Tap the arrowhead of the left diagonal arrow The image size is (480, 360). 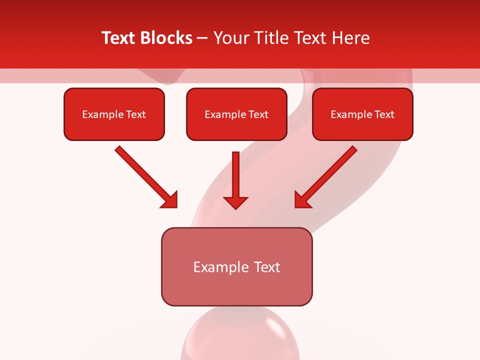[x=170, y=200]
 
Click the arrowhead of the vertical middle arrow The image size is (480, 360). [x=235, y=202]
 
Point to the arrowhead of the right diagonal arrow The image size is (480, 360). [x=302, y=200]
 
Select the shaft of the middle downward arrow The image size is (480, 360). [x=235, y=172]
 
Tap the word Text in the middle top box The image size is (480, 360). [x=258, y=114]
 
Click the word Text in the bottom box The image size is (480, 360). [x=267, y=267]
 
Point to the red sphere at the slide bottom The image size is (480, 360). [x=240, y=335]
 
